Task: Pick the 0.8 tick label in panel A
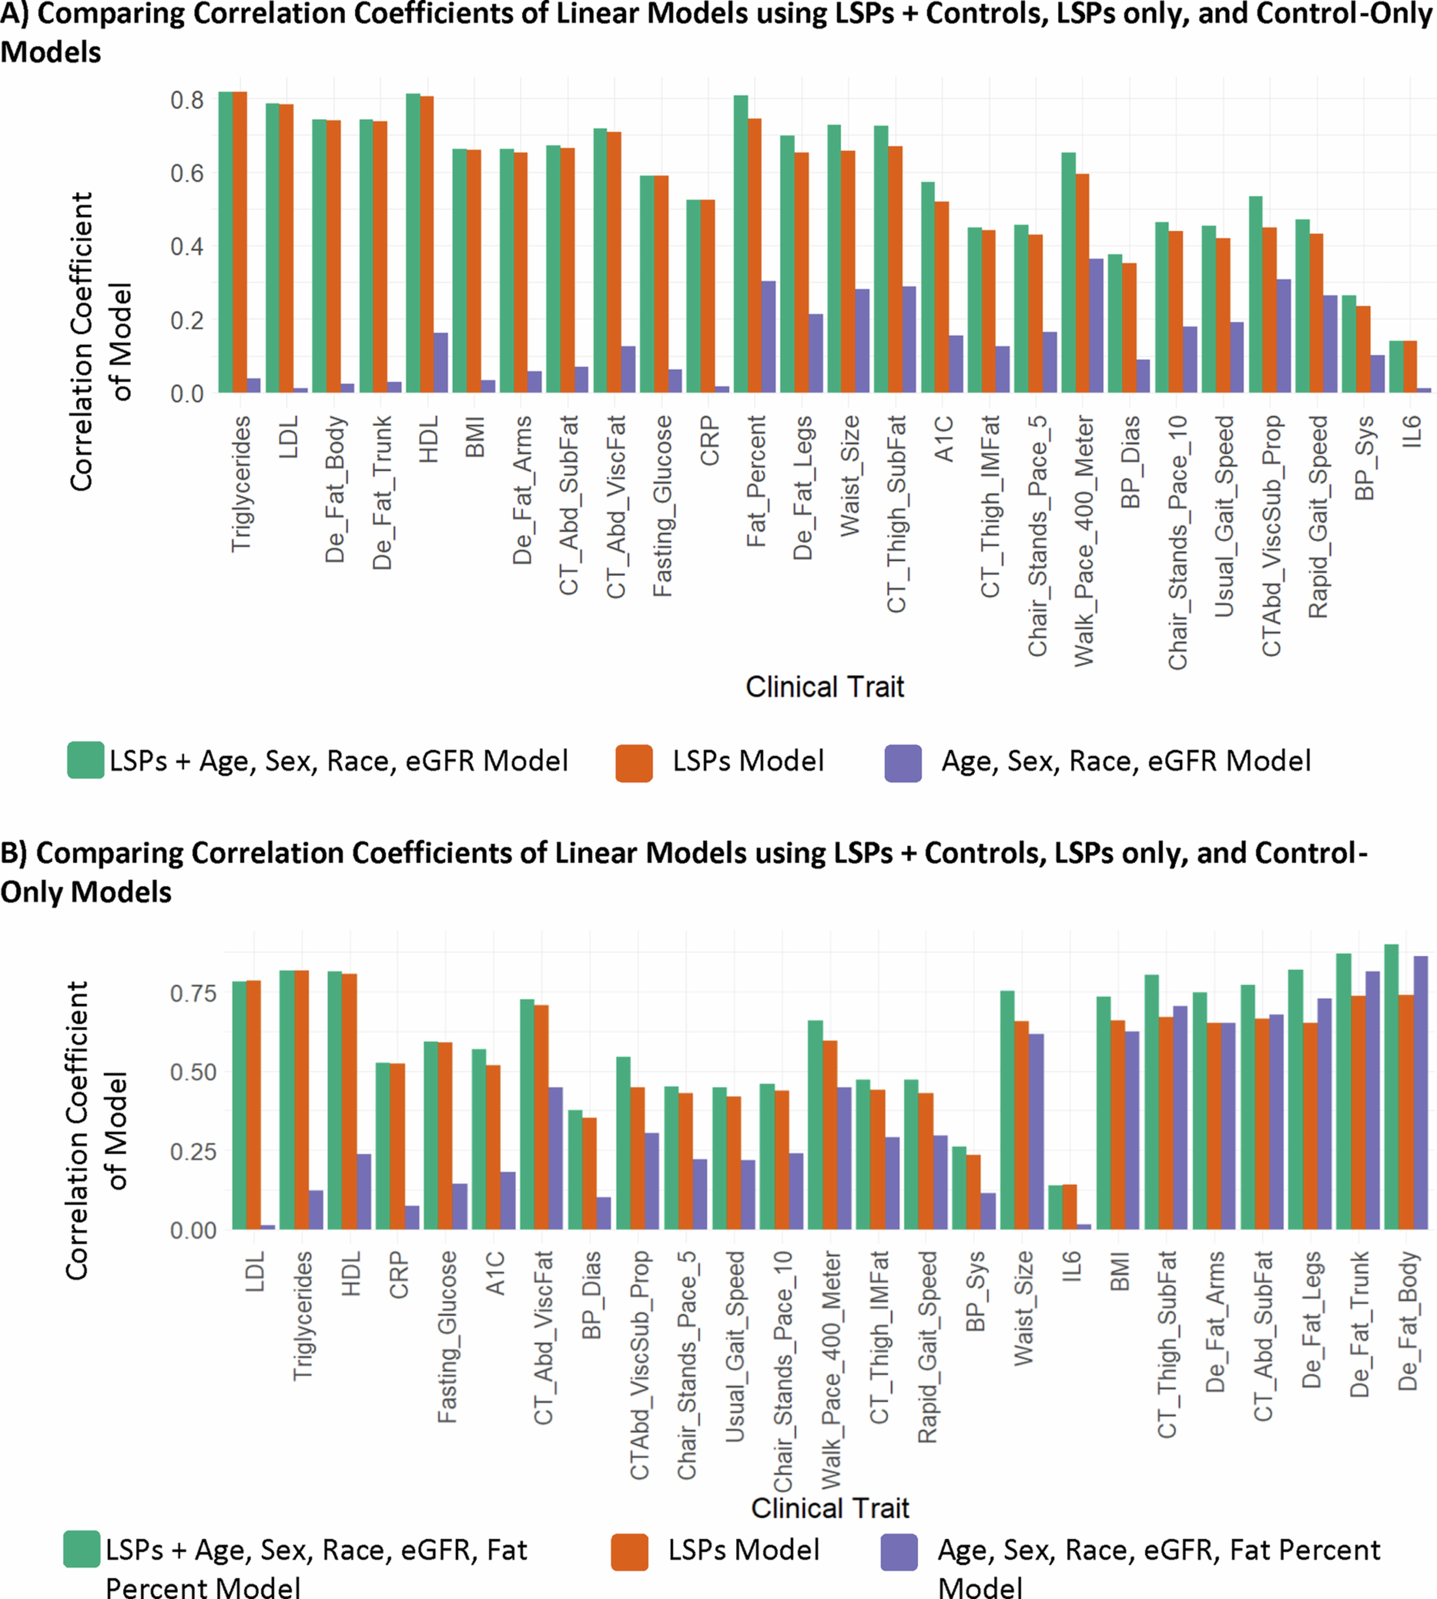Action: pyautogui.click(x=187, y=100)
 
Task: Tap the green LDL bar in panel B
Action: pyautogui.click(x=239, y=1105)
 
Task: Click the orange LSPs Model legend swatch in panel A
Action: pyautogui.click(x=633, y=763)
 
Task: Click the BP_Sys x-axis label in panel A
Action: pyautogui.click(x=1364, y=458)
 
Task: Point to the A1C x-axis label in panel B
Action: pyautogui.click(x=495, y=1273)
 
